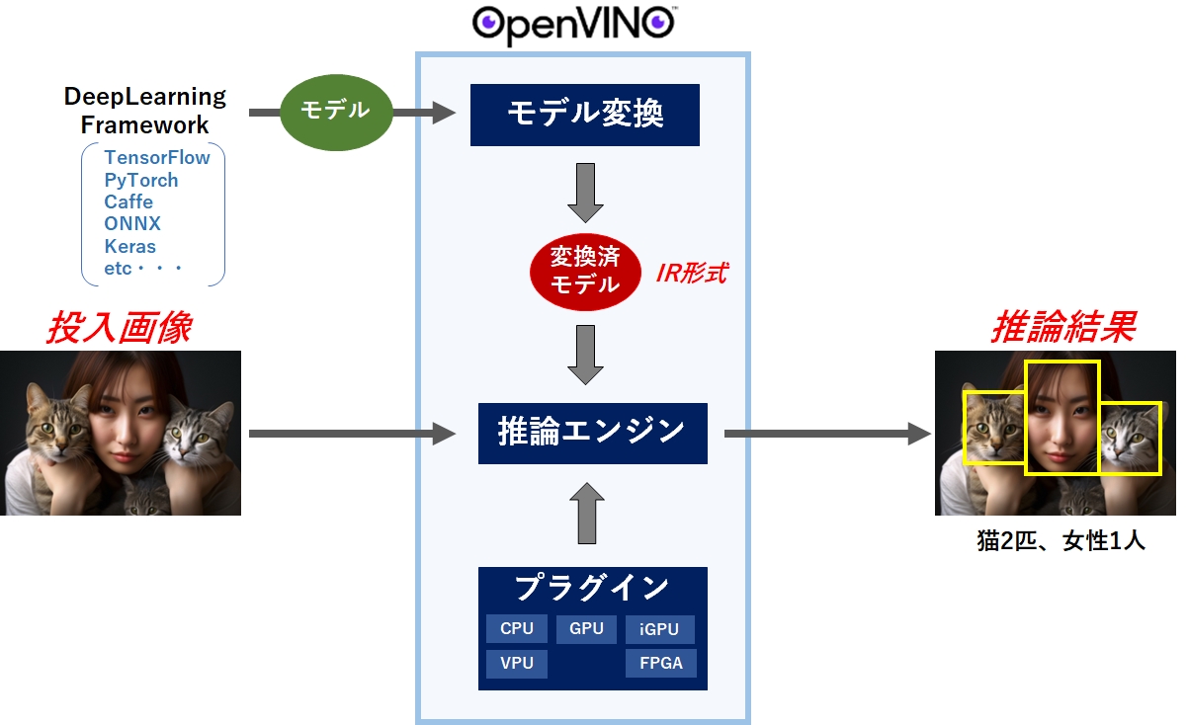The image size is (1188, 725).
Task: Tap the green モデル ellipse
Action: pos(335,111)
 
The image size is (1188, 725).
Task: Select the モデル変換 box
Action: pos(585,115)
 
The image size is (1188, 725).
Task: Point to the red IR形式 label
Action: pos(691,274)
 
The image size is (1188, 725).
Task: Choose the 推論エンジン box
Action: pos(592,432)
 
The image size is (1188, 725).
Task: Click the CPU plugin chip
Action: pos(516,629)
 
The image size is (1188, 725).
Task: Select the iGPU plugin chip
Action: pos(659,629)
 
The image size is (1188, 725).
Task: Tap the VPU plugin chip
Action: pos(516,663)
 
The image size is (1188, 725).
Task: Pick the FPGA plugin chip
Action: pos(660,663)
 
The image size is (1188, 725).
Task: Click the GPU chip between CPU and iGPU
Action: pos(586,629)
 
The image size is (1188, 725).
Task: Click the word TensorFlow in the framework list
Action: pos(156,158)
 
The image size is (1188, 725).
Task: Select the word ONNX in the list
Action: pos(132,224)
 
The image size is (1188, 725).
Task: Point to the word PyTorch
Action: pos(140,181)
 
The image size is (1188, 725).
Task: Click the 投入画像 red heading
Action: pos(119,328)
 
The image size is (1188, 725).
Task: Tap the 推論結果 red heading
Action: pos(1061,328)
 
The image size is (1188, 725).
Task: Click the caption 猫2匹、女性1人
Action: pos(1061,541)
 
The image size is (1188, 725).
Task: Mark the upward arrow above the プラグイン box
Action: pos(586,514)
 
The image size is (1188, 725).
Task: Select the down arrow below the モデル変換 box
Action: pos(585,194)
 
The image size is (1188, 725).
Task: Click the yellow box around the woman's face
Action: pos(1061,417)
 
